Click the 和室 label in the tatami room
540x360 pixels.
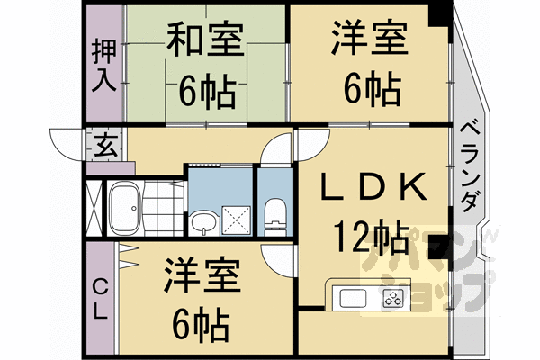tap(204, 40)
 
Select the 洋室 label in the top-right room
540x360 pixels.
tap(368, 40)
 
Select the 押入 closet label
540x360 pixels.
tap(103, 66)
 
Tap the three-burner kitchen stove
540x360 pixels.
tap(394, 298)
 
